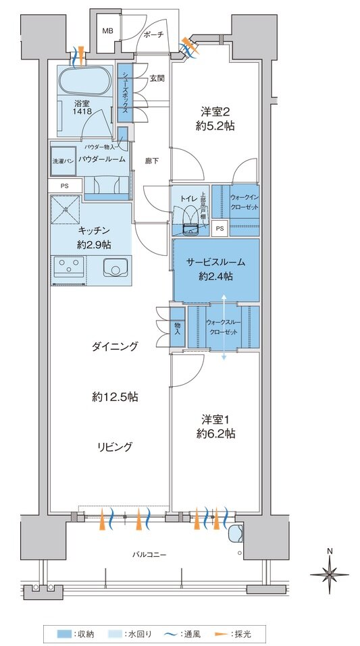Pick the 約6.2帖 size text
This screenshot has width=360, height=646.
click(x=215, y=433)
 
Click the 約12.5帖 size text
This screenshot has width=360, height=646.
click(x=115, y=397)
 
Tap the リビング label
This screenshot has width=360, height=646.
click(x=113, y=446)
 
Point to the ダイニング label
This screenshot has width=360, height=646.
click(x=115, y=346)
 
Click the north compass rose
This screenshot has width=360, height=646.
click(x=329, y=574)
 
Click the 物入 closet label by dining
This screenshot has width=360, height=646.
click(x=177, y=328)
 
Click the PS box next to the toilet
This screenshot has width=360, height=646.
click(x=219, y=228)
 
